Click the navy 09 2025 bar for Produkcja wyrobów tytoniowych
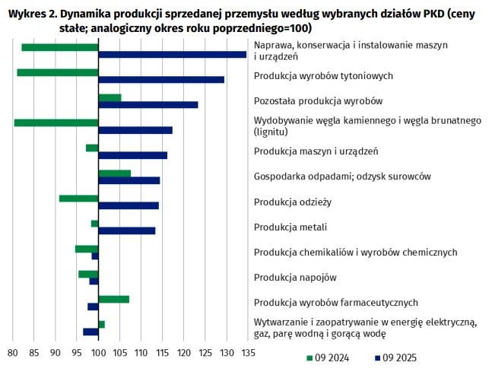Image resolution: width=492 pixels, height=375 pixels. coord(161,80)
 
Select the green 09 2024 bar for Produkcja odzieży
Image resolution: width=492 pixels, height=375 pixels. coord(79,199)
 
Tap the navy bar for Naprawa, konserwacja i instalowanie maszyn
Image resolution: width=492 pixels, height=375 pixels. coord(172,55)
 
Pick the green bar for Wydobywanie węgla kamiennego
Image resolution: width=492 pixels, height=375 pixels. coord(56,122)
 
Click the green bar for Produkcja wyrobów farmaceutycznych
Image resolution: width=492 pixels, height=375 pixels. coord(114,299)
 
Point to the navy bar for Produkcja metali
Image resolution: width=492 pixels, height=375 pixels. coord(127,230)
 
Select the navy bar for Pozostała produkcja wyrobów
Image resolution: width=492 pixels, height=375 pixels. coord(148,105)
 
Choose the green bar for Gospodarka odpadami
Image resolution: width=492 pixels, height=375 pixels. coord(115,173)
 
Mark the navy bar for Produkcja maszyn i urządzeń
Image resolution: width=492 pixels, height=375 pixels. coord(133,155)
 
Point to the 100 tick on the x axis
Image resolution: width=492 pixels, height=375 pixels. coord(98,353)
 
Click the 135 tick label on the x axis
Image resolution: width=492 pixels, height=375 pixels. coord(248,353)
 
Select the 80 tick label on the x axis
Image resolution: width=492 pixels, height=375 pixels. coord(12,353)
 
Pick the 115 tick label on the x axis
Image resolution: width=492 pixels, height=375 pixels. coord(163,353)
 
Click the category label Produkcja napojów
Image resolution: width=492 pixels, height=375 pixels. coord(295,278)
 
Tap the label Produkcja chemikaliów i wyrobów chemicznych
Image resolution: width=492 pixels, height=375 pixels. coord(355,253)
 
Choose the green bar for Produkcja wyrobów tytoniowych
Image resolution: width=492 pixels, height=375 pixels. coord(58,72)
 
